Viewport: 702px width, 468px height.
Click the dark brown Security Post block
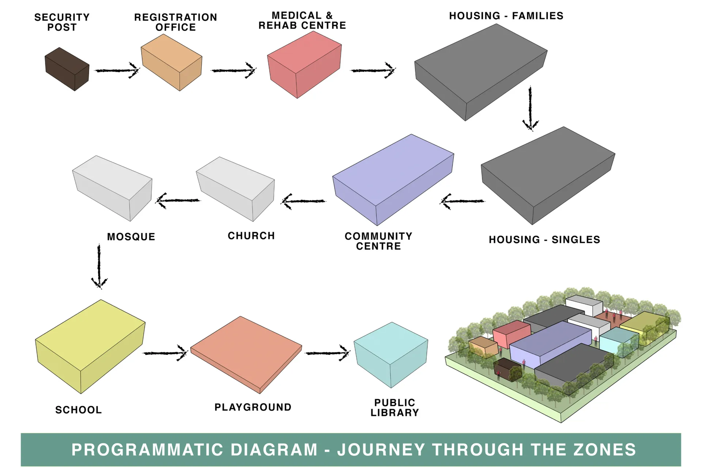67,69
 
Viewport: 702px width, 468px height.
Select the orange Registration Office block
171,62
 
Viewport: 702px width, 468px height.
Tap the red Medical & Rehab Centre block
304,64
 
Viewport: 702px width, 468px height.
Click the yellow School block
90,346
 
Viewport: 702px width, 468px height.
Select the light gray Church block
235,188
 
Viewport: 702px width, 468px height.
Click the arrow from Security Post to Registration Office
117,70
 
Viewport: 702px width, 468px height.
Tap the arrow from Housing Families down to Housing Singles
530,108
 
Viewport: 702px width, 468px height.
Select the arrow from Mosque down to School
99,267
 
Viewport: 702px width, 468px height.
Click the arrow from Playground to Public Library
327,353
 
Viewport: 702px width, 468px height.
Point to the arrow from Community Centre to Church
303,201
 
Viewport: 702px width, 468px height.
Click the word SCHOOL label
79,410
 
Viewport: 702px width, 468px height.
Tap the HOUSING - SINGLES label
544,239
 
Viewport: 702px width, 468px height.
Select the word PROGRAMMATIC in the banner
147,449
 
